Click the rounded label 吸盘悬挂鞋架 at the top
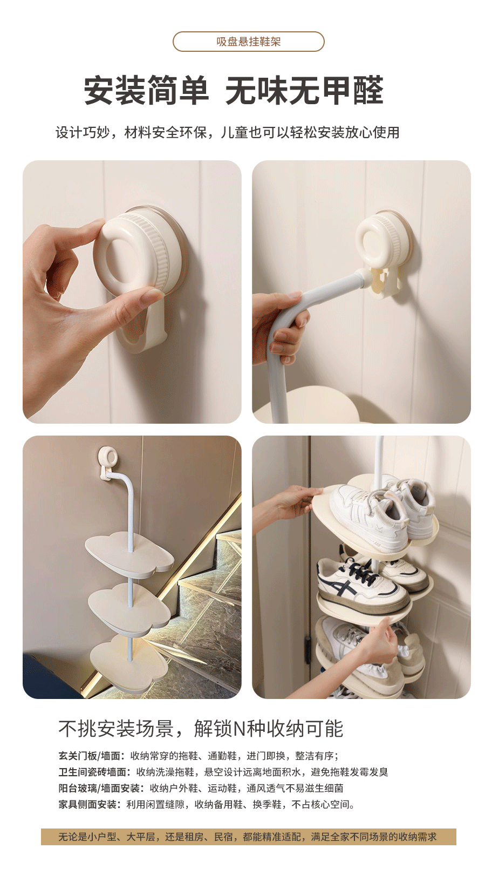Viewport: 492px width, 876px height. pyautogui.click(x=249, y=42)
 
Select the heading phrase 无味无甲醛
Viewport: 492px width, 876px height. pyautogui.click(x=304, y=91)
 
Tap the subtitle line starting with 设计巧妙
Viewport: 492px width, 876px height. pyautogui.click(x=228, y=133)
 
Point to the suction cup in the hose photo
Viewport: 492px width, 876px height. pyautogui.click(x=383, y=239)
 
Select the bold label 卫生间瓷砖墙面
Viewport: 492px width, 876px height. pyautogui.click(x=94, y=779)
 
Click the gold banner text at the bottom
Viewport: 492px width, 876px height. pyautogui.click(x=248, y=837)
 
